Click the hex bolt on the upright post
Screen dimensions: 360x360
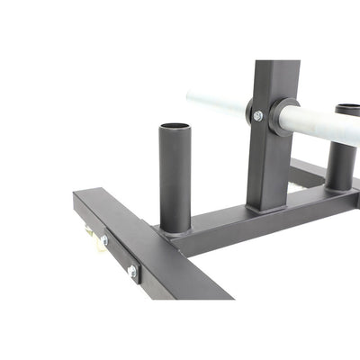pos(258,116)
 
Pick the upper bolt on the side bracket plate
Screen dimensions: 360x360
pos(104,240)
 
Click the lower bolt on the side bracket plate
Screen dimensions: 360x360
pos(132,270)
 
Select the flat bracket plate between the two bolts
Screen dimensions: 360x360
pos(118,255)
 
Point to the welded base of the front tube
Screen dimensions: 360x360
pos(175,229)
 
